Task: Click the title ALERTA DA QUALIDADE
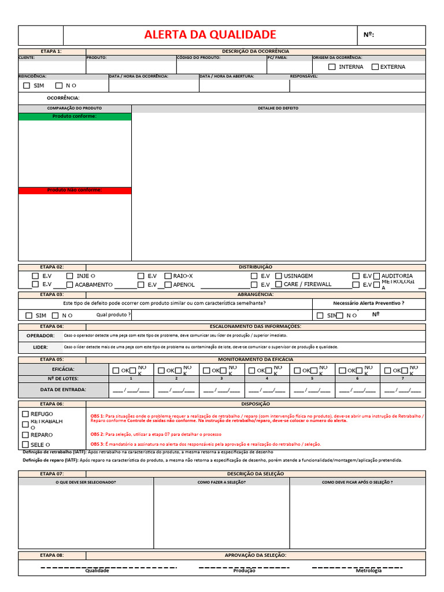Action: click(x=210, y=35)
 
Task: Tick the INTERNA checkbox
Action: click(x=332, y=67)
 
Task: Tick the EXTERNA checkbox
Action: click(x=375, y=67)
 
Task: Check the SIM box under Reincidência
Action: click(x=27, y=86)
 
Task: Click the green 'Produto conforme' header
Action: click(x=75, y=116)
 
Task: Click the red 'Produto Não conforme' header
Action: click(x=75, y=190)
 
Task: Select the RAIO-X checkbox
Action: click(x=168, y=276)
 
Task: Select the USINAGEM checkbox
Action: click(x=279, y=276)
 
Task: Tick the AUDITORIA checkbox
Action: click(x=377, y=276)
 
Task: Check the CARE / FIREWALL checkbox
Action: click(x=279, y=284)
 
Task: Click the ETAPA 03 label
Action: click(x=52, y=294)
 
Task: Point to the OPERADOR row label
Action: click(x=40, y=335)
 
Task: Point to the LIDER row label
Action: click(x=40, y=347)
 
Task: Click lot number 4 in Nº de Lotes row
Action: click(x=267, y=379)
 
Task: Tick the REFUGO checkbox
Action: click(x=25, y=414)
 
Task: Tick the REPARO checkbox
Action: click(x=25, y=435)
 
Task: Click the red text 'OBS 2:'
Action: click(x=97, y=434)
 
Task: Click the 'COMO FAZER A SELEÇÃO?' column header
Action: click(x=221, y=482)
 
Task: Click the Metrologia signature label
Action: click(x=368, y=571)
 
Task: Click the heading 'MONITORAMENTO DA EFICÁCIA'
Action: click(x=255, y=359)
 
